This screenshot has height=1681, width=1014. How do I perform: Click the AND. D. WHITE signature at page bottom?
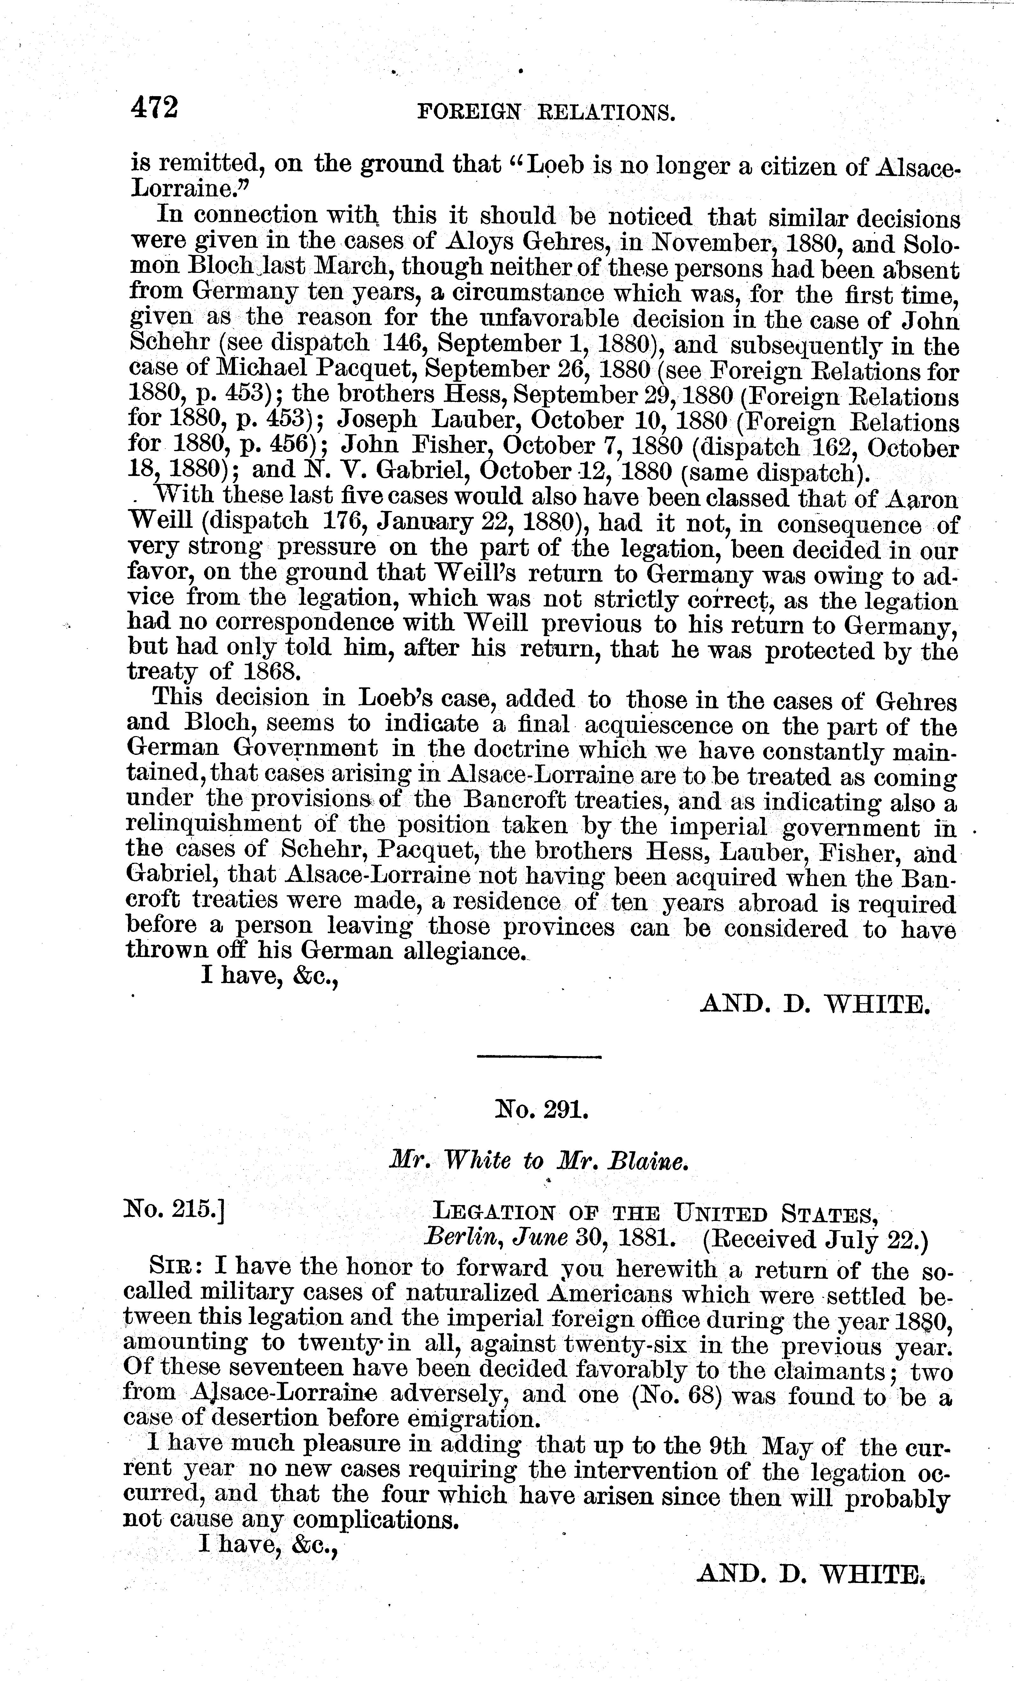pos(810,1575)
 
